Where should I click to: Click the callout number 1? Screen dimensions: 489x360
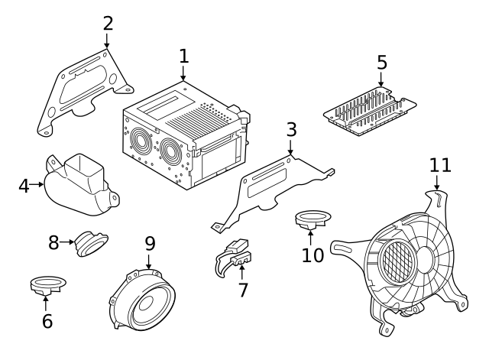click(184, 57)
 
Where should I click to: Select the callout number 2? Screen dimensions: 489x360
click(108, 24)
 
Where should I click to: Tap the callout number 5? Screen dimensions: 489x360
click(382, 63)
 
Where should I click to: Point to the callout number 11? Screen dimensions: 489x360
click(440, 166)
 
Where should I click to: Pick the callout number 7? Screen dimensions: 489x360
click(243, 290)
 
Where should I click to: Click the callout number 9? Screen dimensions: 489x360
click(150, 244)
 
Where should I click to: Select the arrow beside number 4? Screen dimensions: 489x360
click(37, 184)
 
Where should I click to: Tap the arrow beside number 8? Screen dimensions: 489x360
click(67, 242)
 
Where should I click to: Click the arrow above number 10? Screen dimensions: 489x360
click(311, 237)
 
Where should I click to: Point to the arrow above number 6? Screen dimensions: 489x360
click(46, 303)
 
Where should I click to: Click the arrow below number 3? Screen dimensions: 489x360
click(290, 147)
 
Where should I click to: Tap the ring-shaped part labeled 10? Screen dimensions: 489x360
click(313, 219)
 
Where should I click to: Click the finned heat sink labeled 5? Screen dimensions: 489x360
click(370, 112)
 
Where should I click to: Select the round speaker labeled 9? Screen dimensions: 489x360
click(142, 300)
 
